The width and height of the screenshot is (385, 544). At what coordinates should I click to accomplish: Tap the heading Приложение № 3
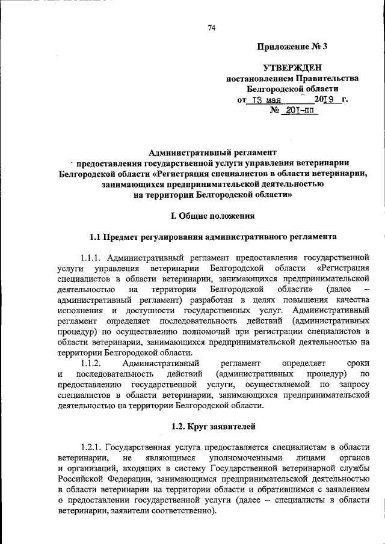pyautogui.click(x=292, y=46)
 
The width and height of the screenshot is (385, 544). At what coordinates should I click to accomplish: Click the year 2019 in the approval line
pyautogui.click(x=324, y=100)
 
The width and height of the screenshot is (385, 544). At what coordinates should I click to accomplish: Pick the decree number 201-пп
pyautogui.click(x=297, y=111)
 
